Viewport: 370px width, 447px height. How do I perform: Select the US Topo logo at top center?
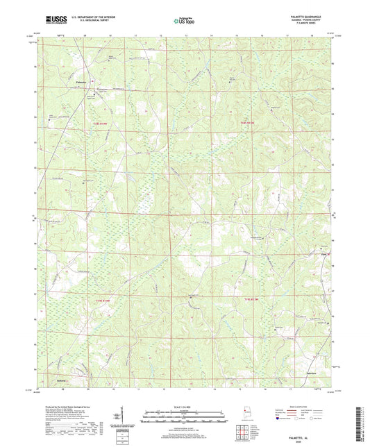[184, 21]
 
